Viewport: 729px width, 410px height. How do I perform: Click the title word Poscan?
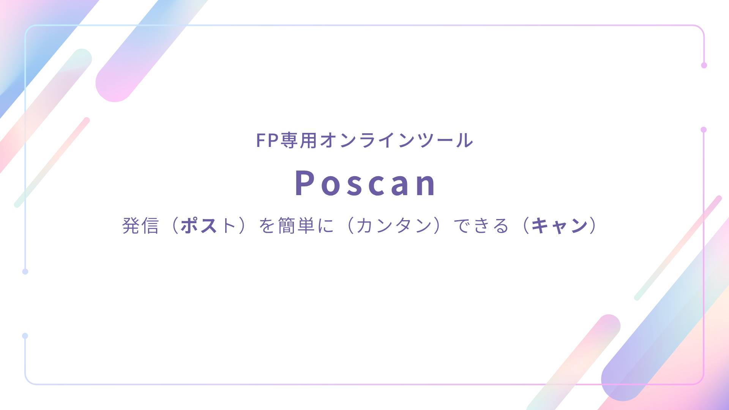coord(366,183)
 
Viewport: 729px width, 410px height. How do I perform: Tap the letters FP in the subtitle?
coord(268,140)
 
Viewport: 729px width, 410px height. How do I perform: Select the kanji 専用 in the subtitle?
coord(299,140)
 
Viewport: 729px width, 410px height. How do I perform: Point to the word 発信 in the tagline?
coord(140,225)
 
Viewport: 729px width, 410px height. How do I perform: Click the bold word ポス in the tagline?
coord(199,225)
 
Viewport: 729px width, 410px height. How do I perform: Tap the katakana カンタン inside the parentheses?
coord(394,225)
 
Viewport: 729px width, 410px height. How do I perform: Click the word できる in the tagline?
coord(481,225)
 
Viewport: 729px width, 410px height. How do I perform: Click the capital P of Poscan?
coord(305,183)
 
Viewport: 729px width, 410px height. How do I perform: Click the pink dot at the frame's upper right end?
coord(704,65)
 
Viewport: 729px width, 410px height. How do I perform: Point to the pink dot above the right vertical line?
coord(704,130)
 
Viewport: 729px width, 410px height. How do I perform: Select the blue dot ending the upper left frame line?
coord(25,271)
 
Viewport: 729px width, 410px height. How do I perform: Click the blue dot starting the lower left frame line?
coord(25,336)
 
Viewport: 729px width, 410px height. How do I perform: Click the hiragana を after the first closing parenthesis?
coord(267,225)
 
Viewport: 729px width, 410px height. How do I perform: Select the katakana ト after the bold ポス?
coord(229,225)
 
